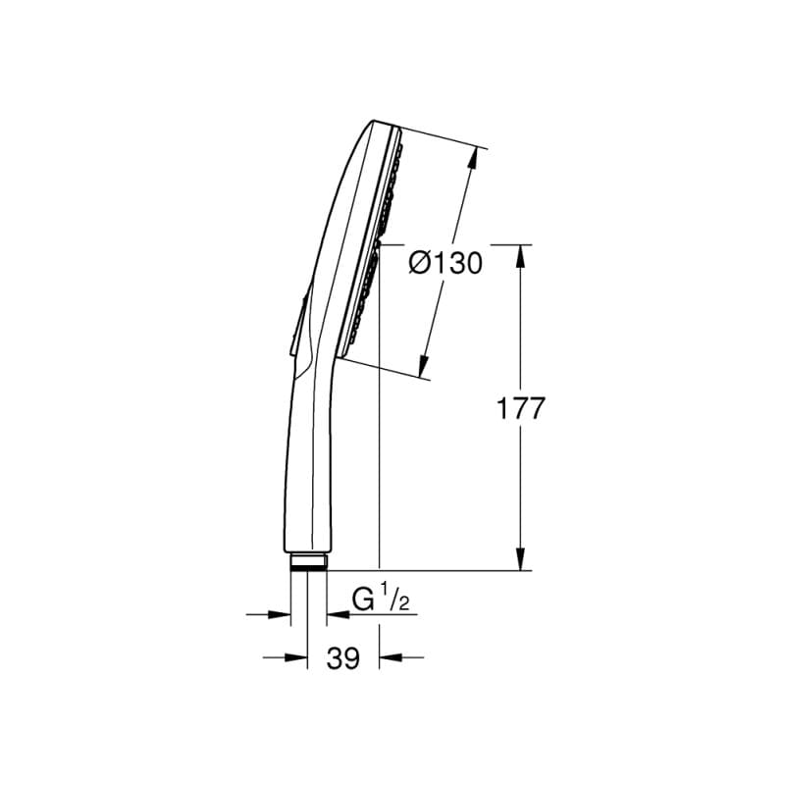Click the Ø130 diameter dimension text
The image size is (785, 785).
point(445,263)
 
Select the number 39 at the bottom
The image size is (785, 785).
point(342,659)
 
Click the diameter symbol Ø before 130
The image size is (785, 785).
point(417,263)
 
